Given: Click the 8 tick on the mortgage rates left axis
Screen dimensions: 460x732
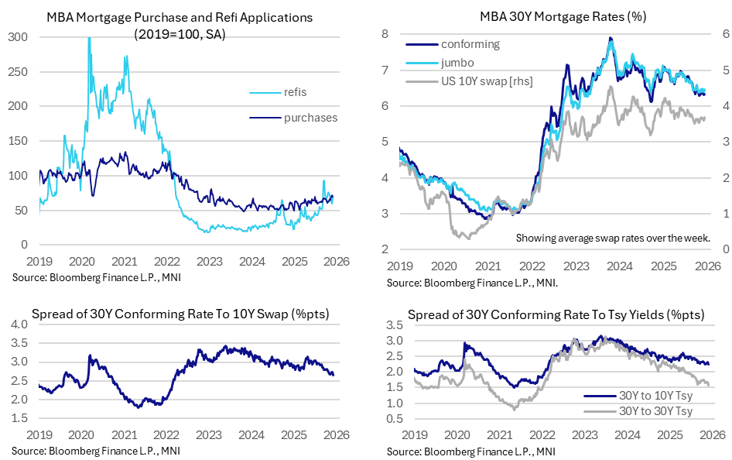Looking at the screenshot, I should point(382,33).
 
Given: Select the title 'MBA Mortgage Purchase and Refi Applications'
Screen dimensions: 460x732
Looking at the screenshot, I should point(180,16).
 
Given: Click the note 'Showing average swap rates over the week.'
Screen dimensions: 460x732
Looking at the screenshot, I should point(614,238).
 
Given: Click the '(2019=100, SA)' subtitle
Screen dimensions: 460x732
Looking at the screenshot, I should point(180,34).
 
